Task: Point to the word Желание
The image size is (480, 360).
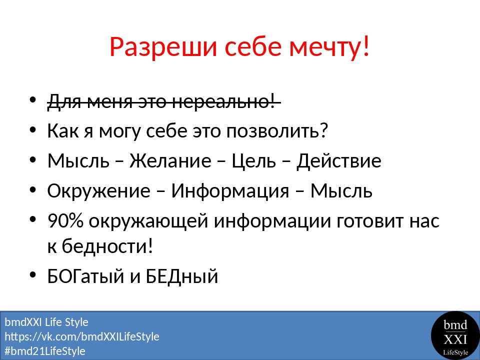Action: click(170, 160)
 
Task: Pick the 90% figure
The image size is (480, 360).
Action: click(65, 220)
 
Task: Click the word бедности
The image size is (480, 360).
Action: click(107, 245)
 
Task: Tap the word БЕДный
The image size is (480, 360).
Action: click(181, 276)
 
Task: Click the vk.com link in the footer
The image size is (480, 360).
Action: click(82, 336)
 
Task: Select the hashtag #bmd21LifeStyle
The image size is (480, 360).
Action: click(45, 351)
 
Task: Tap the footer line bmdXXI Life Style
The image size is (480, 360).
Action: click(46, 322)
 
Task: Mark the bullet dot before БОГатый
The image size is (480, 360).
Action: click(33, 274)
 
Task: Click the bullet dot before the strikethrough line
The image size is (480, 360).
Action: click(33, 100)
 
